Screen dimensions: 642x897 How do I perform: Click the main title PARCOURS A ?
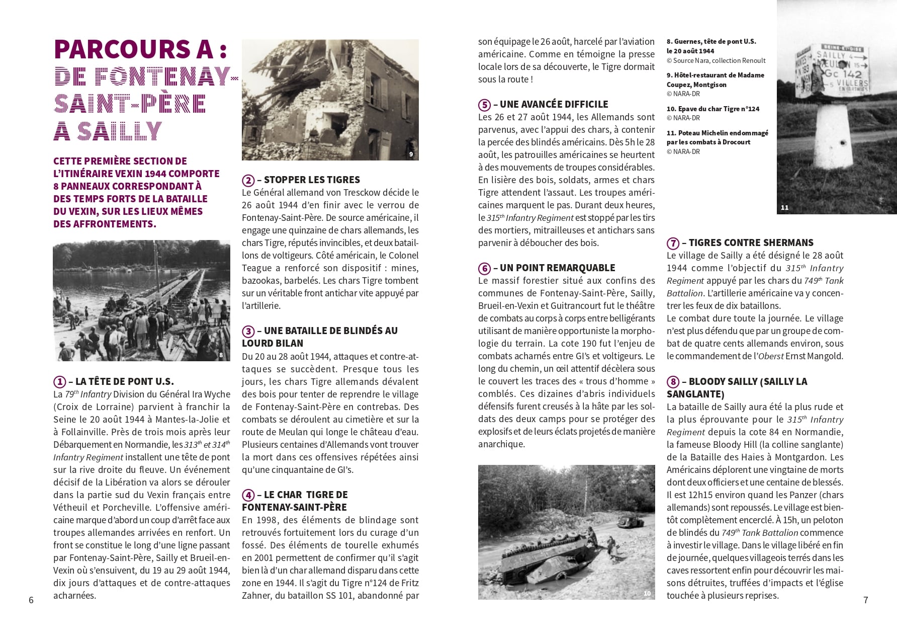[x=140, y=49]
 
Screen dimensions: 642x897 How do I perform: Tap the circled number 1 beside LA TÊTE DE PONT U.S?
[x=59, y=382]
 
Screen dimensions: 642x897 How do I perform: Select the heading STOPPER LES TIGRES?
[x=312, y=180]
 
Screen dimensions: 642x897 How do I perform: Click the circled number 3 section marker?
[x=248, y=331]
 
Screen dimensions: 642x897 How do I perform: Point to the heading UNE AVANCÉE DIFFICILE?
[x=554, y=105]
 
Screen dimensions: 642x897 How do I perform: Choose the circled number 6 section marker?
[x=484, y=268]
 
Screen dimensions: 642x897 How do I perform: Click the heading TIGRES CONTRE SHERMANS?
[x=751, y=243]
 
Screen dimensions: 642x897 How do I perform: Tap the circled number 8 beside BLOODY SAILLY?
[x=673, y=382]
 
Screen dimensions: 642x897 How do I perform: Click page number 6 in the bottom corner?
[x=31, y=600]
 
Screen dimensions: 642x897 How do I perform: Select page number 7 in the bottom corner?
[x=865, y=600]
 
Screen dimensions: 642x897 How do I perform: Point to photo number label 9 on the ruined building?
[x=411, y=154]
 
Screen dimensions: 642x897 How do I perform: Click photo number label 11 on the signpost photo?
[x=784, y=207]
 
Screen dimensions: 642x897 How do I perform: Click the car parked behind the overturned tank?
[x=629, y=521]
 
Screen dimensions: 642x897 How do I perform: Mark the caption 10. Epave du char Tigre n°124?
[x=712, y=109]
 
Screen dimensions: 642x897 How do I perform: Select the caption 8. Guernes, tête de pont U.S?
[x=711, y=42]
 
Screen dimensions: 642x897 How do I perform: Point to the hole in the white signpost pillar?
[x=841, y=142]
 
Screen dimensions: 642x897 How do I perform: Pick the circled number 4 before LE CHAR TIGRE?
[x=248, y=495]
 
